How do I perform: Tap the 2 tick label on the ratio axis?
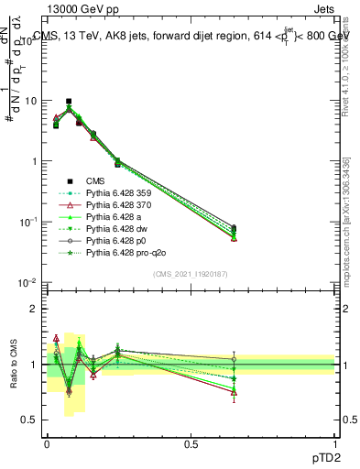[35, 309]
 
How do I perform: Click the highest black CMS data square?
[69, 102]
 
